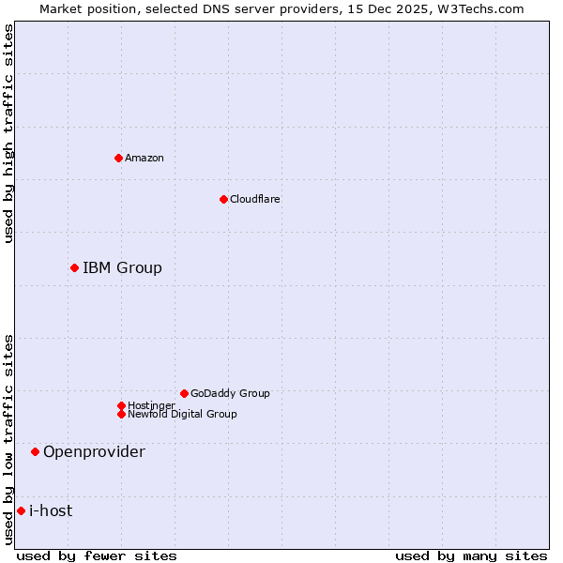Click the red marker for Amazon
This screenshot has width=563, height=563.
click(x=118, y=158)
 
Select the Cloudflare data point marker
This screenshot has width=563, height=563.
click(x=223, y=199)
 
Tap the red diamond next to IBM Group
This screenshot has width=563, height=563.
click(x=74, y=268)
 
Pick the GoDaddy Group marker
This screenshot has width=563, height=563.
click(x=184, y=393)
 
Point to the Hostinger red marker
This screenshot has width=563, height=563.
click(x=121, y=405)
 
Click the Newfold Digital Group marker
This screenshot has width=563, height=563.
click(x=121, y=414)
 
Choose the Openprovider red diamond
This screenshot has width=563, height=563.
click(x=35, y=452)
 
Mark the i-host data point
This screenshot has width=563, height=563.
click(x=21, y=511)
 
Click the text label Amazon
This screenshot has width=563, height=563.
click(x=145, y=158)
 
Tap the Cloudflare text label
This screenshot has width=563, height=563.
click(x=255, y=199)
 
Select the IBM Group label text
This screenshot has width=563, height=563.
click(x=122, y=268)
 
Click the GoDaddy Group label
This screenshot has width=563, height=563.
click(x=230, y=393)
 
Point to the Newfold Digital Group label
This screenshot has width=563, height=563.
click(x=182, y=414)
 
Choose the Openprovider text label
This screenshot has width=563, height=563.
click(x=94, y=452)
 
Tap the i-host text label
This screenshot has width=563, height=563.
click(x=51, y=511)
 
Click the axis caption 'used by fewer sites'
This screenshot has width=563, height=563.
click(x=97, y=555)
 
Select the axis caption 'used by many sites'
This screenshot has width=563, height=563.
click(x=471, y=555)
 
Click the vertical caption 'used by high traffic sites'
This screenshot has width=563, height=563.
click(x=8, y=133)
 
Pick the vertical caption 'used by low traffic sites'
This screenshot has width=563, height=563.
click(x=8, y=439)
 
